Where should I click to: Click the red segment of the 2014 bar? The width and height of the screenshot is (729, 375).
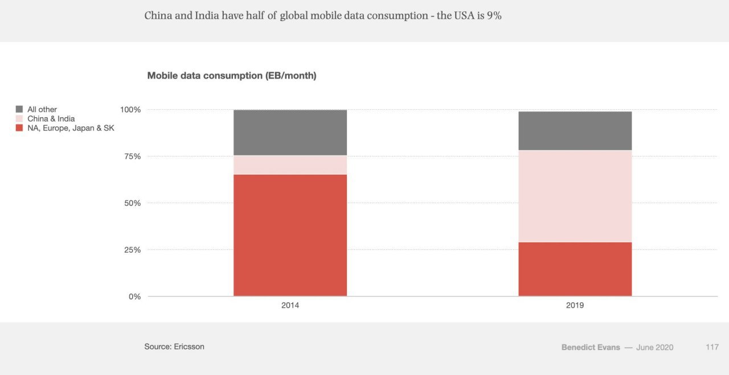290,235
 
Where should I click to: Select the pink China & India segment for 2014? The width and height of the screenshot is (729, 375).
290,165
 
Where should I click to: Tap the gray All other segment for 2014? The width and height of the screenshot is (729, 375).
290,133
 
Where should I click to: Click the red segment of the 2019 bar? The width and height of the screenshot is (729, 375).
575,269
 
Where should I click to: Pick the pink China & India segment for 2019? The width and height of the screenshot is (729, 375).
575,196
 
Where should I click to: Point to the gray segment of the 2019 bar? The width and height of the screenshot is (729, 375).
575,131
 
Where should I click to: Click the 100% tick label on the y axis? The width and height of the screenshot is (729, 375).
130,109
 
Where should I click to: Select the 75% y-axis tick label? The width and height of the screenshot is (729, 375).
132,156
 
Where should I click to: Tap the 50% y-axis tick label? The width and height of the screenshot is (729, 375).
132,203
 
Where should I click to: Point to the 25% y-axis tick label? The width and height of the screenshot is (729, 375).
132,250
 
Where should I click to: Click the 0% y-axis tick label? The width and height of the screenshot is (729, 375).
134,296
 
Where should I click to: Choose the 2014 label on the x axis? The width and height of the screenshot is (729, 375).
290,306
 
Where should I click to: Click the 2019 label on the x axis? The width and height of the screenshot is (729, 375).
575,306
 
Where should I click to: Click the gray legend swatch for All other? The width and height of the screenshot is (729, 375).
19,109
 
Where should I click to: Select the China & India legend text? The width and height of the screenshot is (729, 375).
51,119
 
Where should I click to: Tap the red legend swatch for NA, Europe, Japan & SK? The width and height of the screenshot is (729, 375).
19,128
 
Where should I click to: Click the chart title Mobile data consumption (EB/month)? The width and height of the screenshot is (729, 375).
232,76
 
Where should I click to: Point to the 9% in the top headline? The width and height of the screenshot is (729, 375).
494,16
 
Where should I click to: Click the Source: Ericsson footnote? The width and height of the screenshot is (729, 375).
174,347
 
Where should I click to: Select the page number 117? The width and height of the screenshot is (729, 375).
712,347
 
